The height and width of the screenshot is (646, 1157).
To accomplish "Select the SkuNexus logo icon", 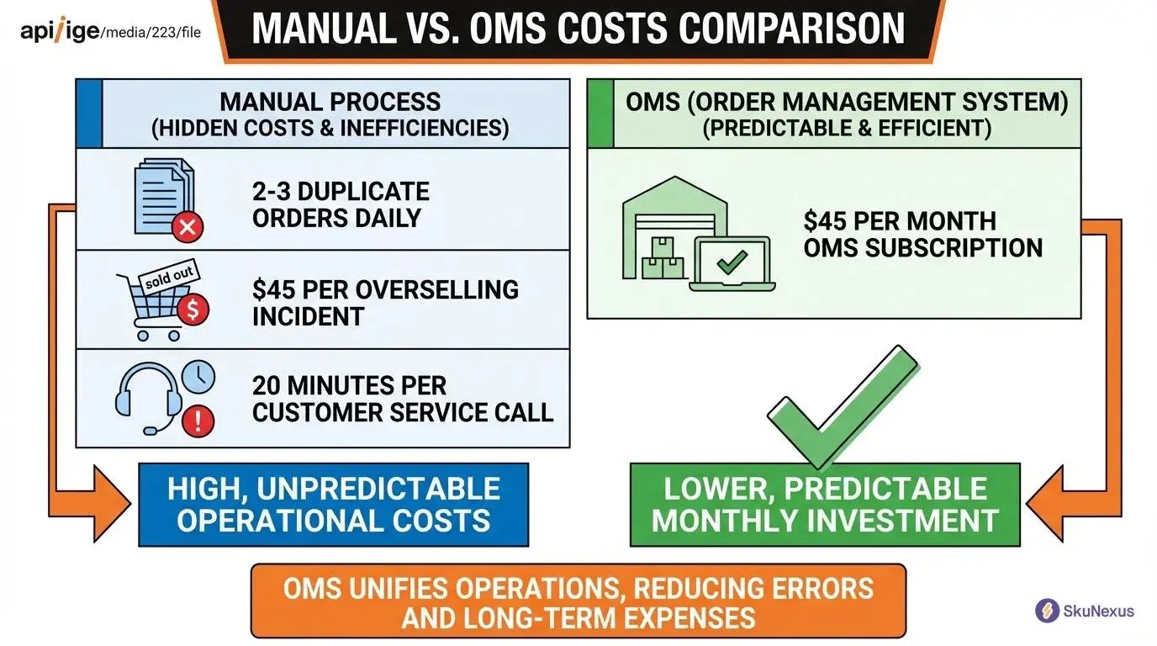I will click(1047, 611).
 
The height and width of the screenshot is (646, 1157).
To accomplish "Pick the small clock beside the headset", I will click(199, 377).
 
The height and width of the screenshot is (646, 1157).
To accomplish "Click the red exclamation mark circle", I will click(198, 421).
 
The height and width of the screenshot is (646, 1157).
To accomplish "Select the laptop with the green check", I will click(732, 264).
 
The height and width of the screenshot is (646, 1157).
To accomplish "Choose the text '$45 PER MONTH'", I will click(900, 221).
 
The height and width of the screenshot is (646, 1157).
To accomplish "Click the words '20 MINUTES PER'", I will click(350, 385).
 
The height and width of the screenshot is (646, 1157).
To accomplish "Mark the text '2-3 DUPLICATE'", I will click(341, 191).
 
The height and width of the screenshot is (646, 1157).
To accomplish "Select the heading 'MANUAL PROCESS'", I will click(330, 102).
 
